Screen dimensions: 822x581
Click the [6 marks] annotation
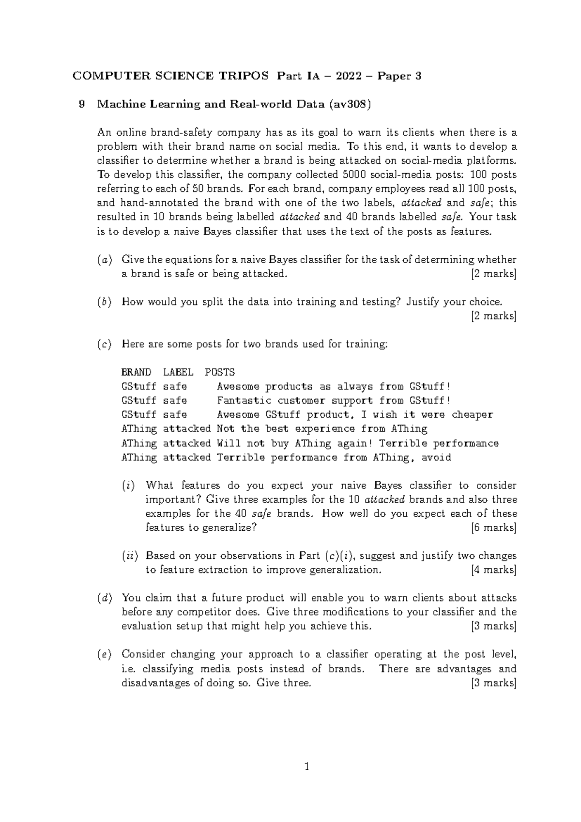click(493, 528)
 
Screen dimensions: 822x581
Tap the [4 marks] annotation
click(493, 570)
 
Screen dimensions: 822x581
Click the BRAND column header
click(136, 372)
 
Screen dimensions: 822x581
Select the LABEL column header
click(178, 372)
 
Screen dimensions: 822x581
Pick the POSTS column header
click(220, 372)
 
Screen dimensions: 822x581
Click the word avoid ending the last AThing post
click(436, 458)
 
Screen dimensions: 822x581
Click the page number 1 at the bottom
click(306, 767)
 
